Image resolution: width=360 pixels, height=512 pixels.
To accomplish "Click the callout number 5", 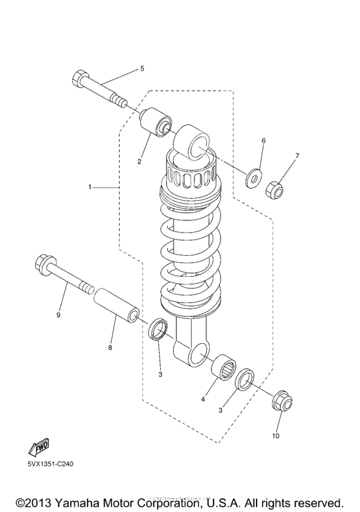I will pos(142,68).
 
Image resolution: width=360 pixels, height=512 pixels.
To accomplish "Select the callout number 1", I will pos(91,187).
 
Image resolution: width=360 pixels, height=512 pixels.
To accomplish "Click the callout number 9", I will pos(58,315).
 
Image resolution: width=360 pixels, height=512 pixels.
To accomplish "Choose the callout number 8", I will pos(110,348).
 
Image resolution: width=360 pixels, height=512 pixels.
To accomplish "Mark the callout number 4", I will pos(203,399).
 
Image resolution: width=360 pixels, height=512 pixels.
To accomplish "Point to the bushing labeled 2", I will pos(157,123).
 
